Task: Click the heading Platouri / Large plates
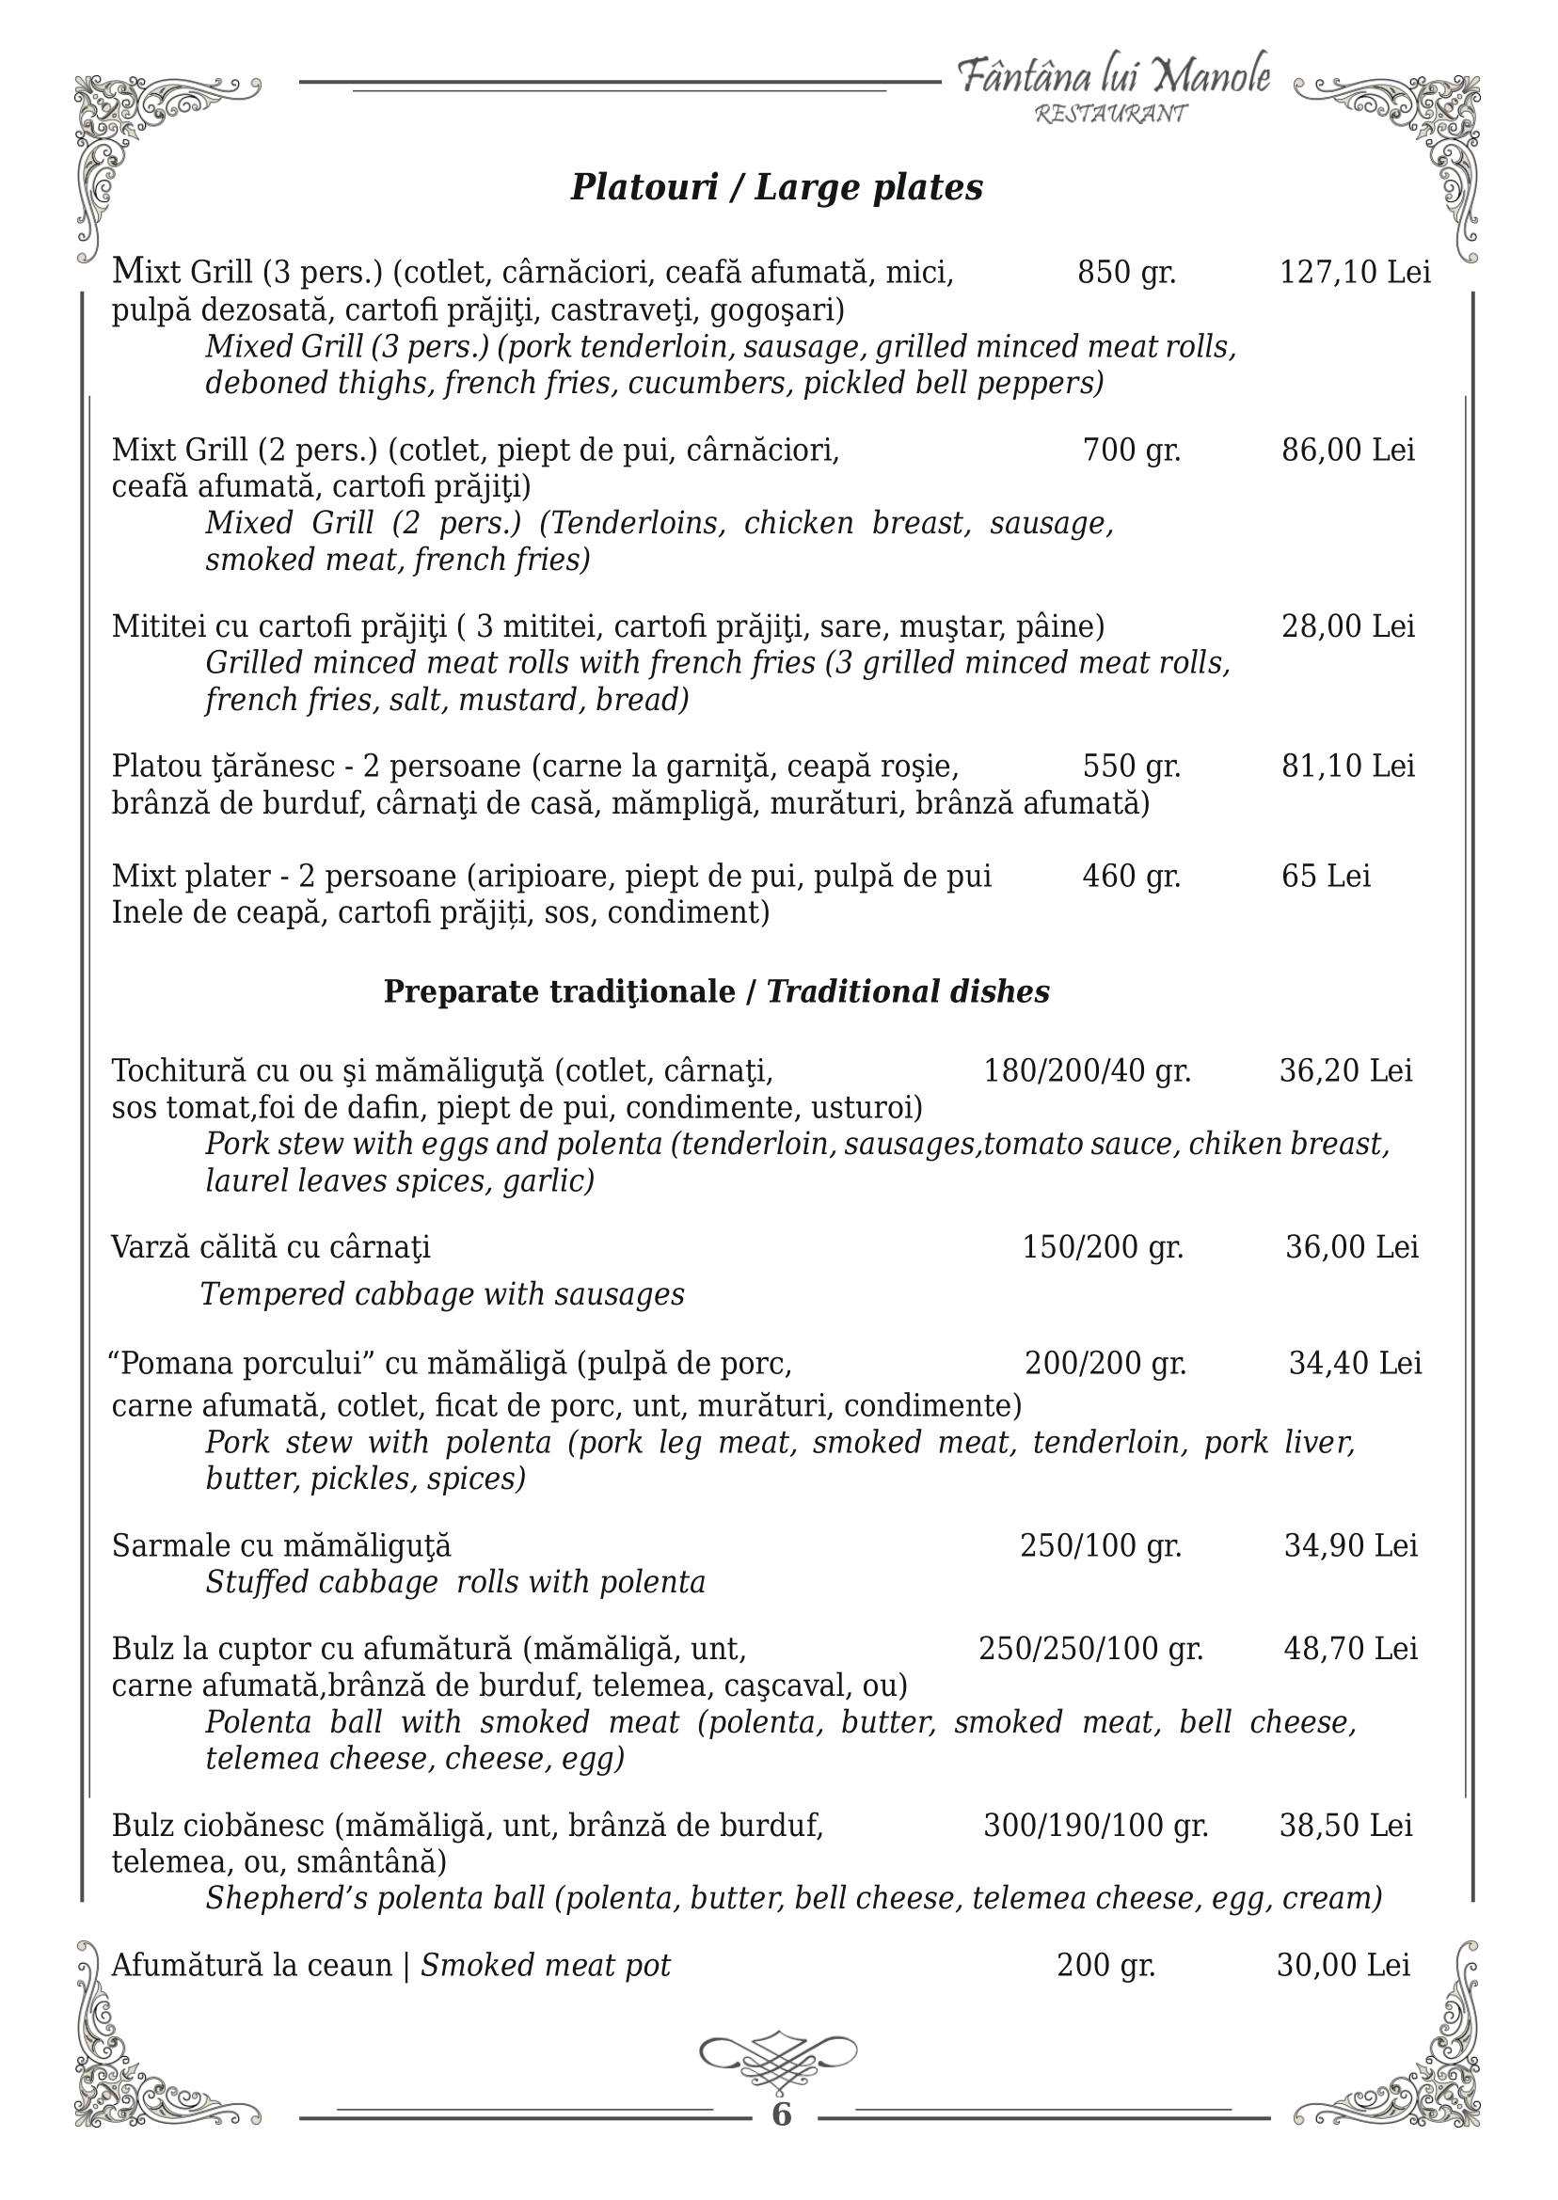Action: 776,187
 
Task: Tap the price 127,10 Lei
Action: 1355,273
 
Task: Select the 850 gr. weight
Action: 1126,273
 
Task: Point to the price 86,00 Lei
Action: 1348,450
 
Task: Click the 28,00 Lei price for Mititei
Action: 1348,626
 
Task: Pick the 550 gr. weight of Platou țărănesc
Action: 1131,767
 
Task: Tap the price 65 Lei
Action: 1326,876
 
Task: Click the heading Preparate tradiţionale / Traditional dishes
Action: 717,991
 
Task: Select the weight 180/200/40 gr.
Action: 1087,1070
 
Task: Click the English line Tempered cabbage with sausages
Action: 442,1294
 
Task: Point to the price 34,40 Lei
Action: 1355,1363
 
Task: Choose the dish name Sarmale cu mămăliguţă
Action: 281,1546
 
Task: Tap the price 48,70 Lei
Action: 1350,1649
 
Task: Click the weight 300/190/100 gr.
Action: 1094,1825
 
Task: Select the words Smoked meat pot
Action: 546,1966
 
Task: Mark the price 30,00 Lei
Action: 1343,1966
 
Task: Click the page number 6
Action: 781,2114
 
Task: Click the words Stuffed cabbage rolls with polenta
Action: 455,1582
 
